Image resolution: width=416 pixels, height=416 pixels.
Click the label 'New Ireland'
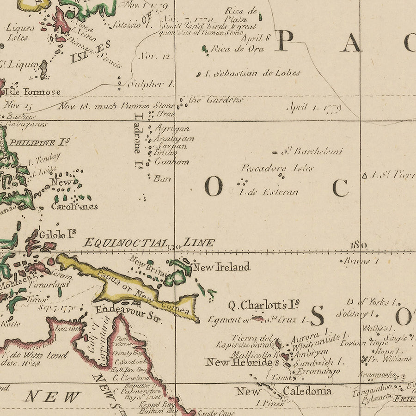(x=221, y=267)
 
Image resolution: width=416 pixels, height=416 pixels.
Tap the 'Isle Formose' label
(x=33, y=92)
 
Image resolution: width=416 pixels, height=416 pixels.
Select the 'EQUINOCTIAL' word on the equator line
(x=126, y=243)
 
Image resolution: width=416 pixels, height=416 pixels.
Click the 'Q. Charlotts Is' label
(x=264, y=305)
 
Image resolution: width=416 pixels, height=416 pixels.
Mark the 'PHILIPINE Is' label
(x=40, y=142)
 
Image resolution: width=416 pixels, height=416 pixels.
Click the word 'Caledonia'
(x=307, y=391)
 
